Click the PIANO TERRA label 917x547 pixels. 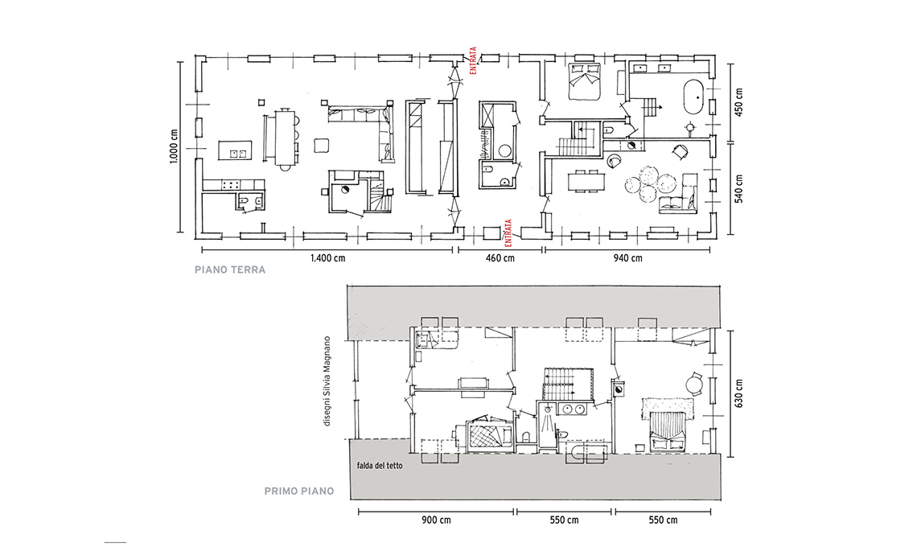click(230, 269)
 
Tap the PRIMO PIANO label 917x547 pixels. click(299, 491)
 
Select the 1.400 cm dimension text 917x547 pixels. click(327, 258)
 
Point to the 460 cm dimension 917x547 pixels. click(500, 258)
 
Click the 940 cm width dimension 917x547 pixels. click(627, 258)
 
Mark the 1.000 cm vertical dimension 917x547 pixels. click(175, 146)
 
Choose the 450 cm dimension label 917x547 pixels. click(738, 102)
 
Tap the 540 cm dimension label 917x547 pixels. click(738, 188)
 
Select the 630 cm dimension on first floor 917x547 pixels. click(738, 393)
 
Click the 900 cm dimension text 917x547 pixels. click(436, 520)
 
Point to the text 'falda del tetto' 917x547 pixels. click(380, 466)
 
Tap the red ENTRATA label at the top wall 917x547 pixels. click(473, 60)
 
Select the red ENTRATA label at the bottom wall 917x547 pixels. click(508, 232)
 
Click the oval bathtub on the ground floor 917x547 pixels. click(693, 97)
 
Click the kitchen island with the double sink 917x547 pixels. click(236, 150)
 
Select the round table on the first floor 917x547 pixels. click(694, 385)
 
